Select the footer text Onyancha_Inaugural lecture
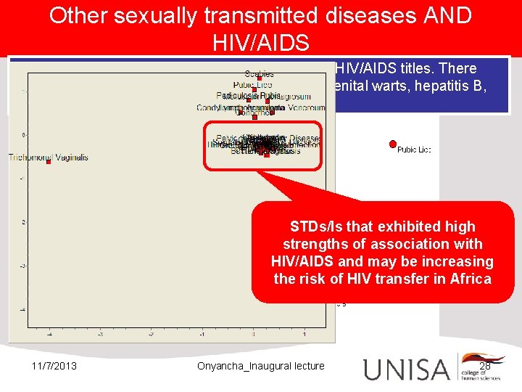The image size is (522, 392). coord(261,366)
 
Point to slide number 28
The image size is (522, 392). coord(485,366)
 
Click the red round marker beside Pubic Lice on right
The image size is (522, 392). coord(393,144)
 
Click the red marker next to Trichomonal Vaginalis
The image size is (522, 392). coord(49,162)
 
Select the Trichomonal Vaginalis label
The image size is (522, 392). coord(48,157)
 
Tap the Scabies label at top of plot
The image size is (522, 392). coord(259,73)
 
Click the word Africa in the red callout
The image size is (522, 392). coord(465,279)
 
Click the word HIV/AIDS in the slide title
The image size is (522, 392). coord(261,41)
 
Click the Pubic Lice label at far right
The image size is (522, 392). coord(414,150)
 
